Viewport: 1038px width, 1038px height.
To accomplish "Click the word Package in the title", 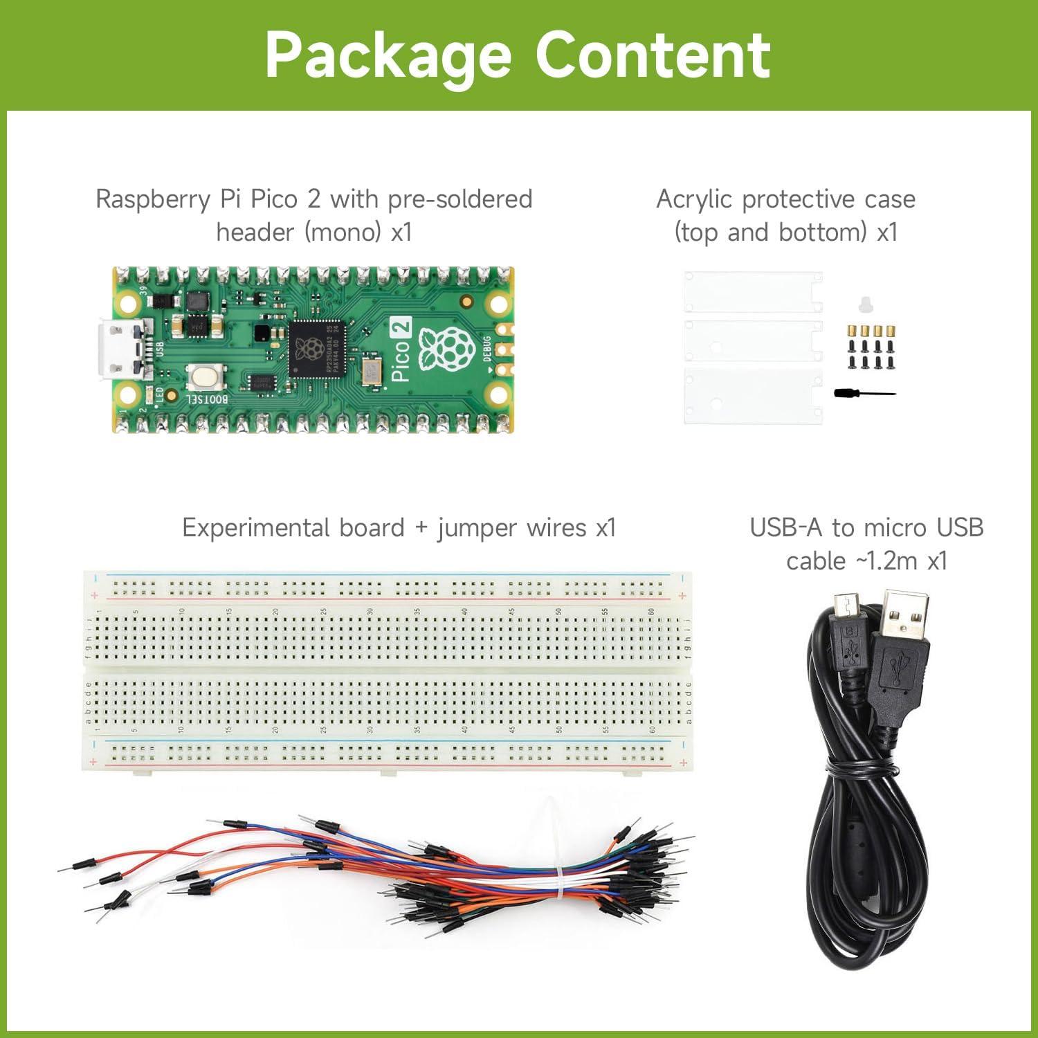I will (x=388, y=55).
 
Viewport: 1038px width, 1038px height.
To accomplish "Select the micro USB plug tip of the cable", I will (x=846, y=607).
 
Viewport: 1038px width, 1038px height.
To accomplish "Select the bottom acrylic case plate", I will (x=753, y=395).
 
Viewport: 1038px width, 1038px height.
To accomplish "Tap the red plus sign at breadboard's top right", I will (x=683, y=596).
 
